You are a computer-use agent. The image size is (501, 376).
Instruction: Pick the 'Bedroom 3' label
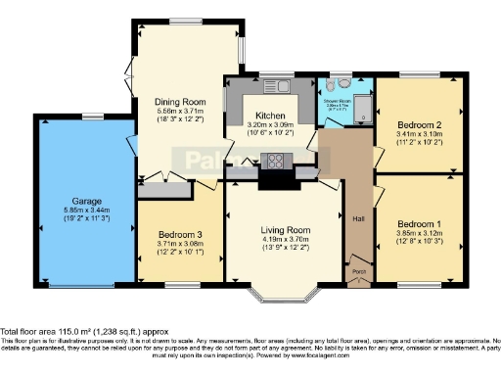[179, 236]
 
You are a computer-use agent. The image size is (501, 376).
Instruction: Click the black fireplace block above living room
[274, 179]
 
